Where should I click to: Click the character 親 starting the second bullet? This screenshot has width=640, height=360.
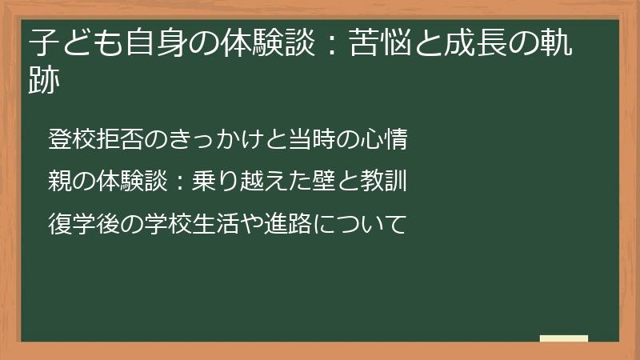(x=60, y=181)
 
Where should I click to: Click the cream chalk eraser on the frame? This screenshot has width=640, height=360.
(x=563, y=338)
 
